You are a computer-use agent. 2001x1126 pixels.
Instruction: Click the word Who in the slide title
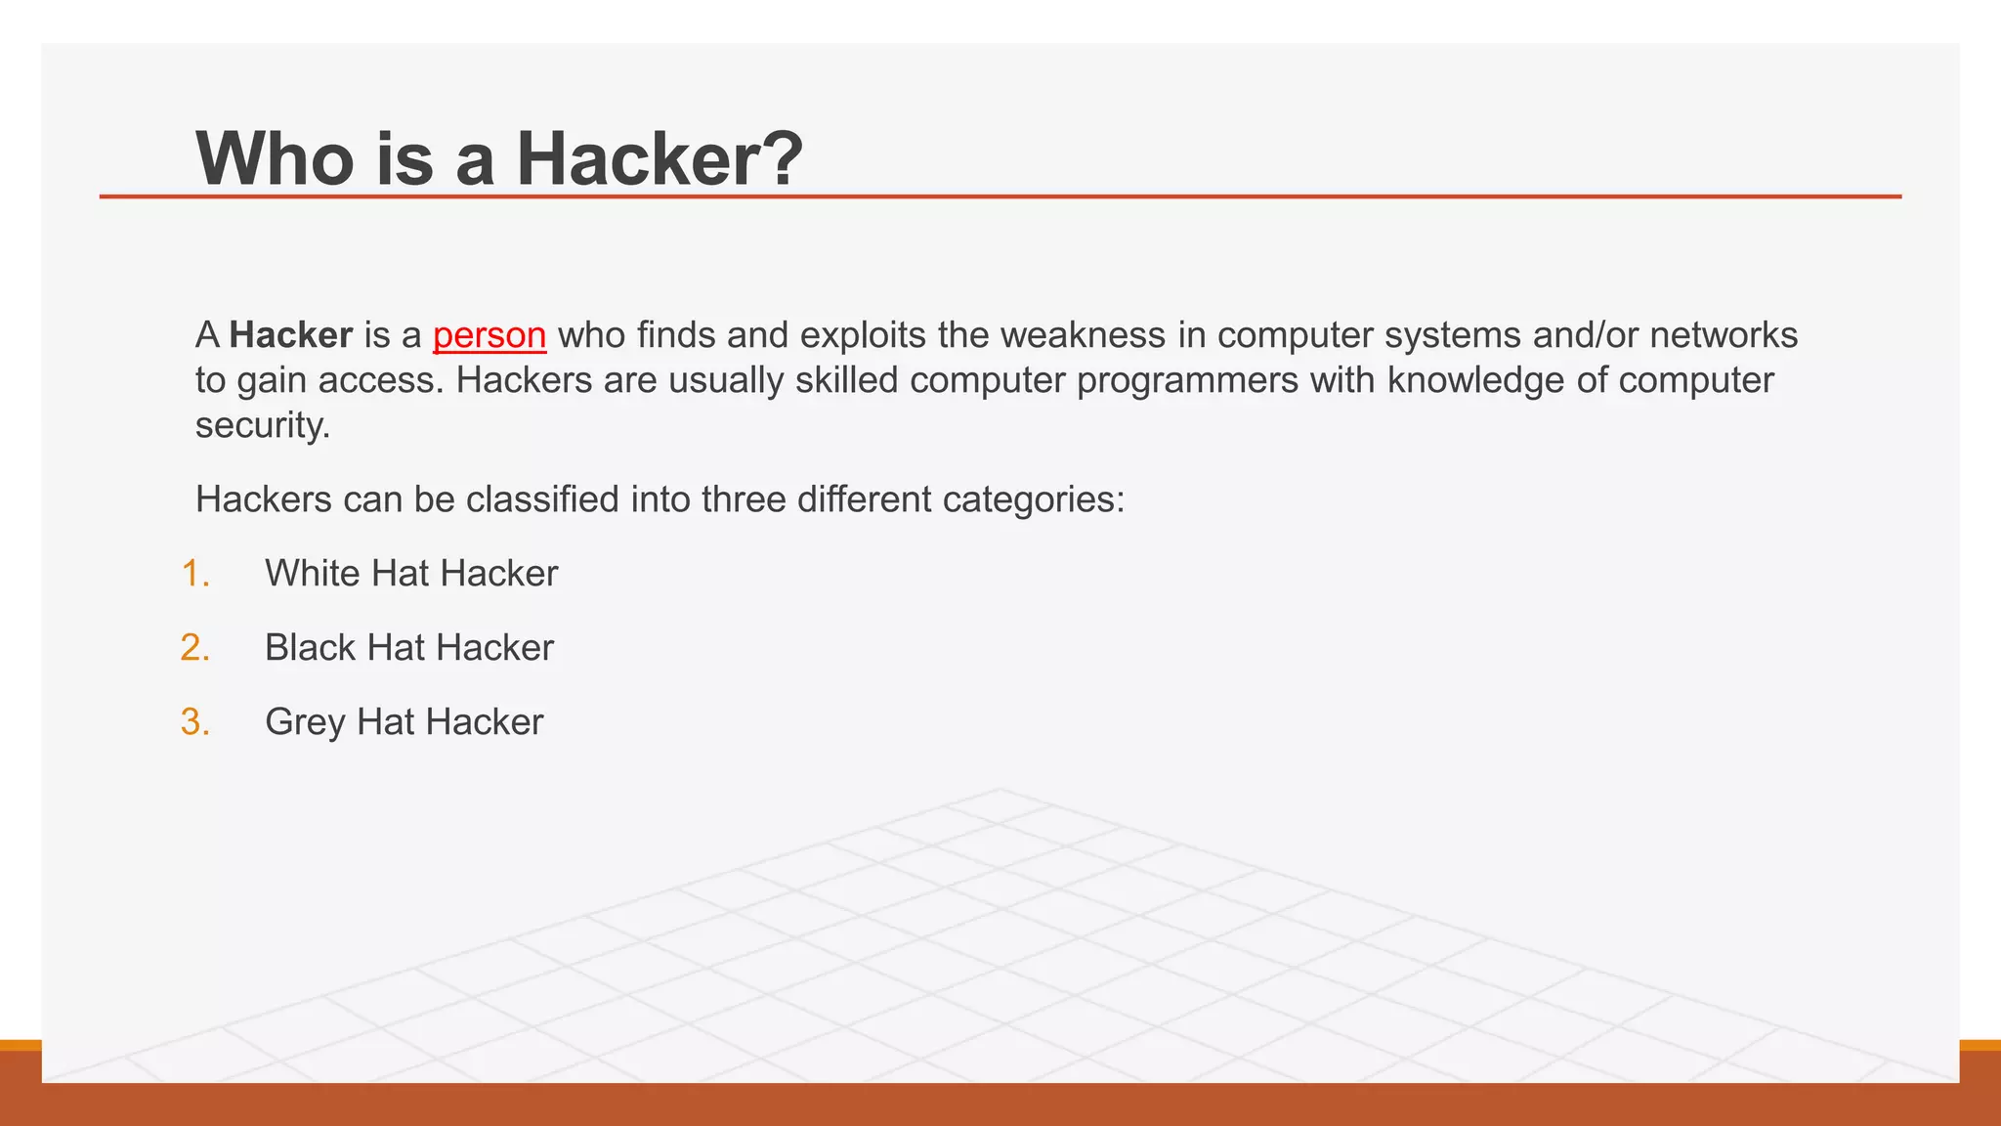(275, 158)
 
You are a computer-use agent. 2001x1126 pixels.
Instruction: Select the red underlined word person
(490, 335)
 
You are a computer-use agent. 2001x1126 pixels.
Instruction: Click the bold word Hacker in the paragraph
(291, 335)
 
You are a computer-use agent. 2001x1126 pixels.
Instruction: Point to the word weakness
(1083, 335)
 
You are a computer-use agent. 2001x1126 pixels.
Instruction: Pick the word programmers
(1187, 380)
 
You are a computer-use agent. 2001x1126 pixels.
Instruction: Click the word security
(262, 425)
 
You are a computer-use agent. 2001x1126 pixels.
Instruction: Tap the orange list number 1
(195, 574)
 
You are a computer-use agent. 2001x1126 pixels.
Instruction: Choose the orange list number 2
(195, 648)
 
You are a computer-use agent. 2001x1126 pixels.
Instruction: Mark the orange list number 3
(195, 722)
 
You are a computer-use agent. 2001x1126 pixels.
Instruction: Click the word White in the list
(313, 574)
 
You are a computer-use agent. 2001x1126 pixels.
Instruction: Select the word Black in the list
(310, 648)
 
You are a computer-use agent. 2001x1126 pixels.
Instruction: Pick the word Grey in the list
(305, 722)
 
